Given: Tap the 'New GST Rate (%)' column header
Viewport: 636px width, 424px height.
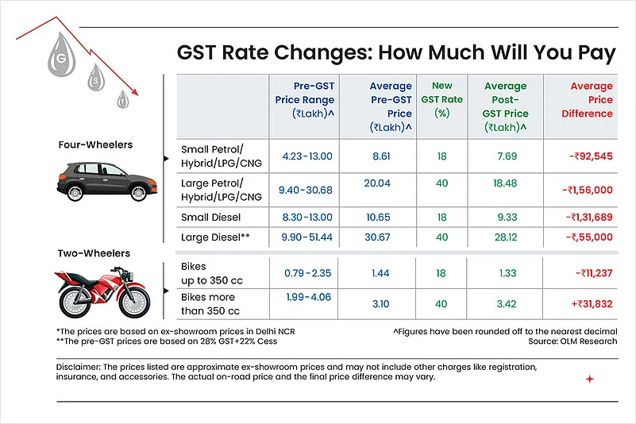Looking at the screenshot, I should (441, 99).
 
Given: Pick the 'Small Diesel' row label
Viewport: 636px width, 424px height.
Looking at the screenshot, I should (210, 216).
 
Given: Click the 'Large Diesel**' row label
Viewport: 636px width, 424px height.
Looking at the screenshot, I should (215, 237).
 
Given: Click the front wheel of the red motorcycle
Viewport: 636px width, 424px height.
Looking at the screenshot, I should (133, 299).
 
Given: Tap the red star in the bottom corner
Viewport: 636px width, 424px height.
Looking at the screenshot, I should (589, 380).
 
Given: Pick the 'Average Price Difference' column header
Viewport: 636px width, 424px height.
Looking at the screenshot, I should (591, 99).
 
